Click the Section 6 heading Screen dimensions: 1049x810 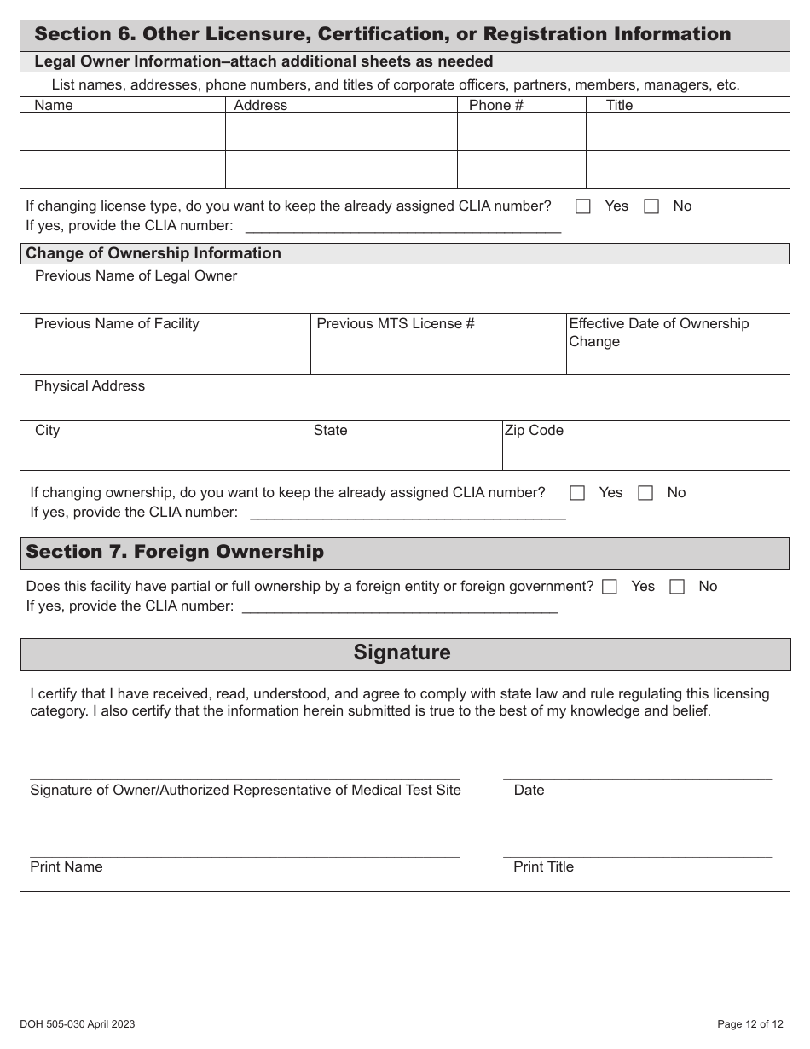382,34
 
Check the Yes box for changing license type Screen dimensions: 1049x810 583,206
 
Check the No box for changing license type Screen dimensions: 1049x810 651,206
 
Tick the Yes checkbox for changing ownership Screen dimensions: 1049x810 577,493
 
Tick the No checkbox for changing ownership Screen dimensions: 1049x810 645,493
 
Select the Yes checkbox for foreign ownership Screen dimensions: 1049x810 610,587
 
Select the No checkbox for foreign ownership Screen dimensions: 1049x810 677,587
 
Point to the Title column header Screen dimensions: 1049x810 619,105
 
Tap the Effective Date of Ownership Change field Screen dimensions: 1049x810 677,358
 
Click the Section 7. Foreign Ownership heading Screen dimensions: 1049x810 175,552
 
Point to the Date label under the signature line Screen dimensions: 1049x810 529,791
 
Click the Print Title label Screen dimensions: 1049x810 543,867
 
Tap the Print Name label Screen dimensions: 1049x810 67,867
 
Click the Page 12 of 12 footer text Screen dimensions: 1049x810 750,1024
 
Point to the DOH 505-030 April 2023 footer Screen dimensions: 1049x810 78,1024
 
